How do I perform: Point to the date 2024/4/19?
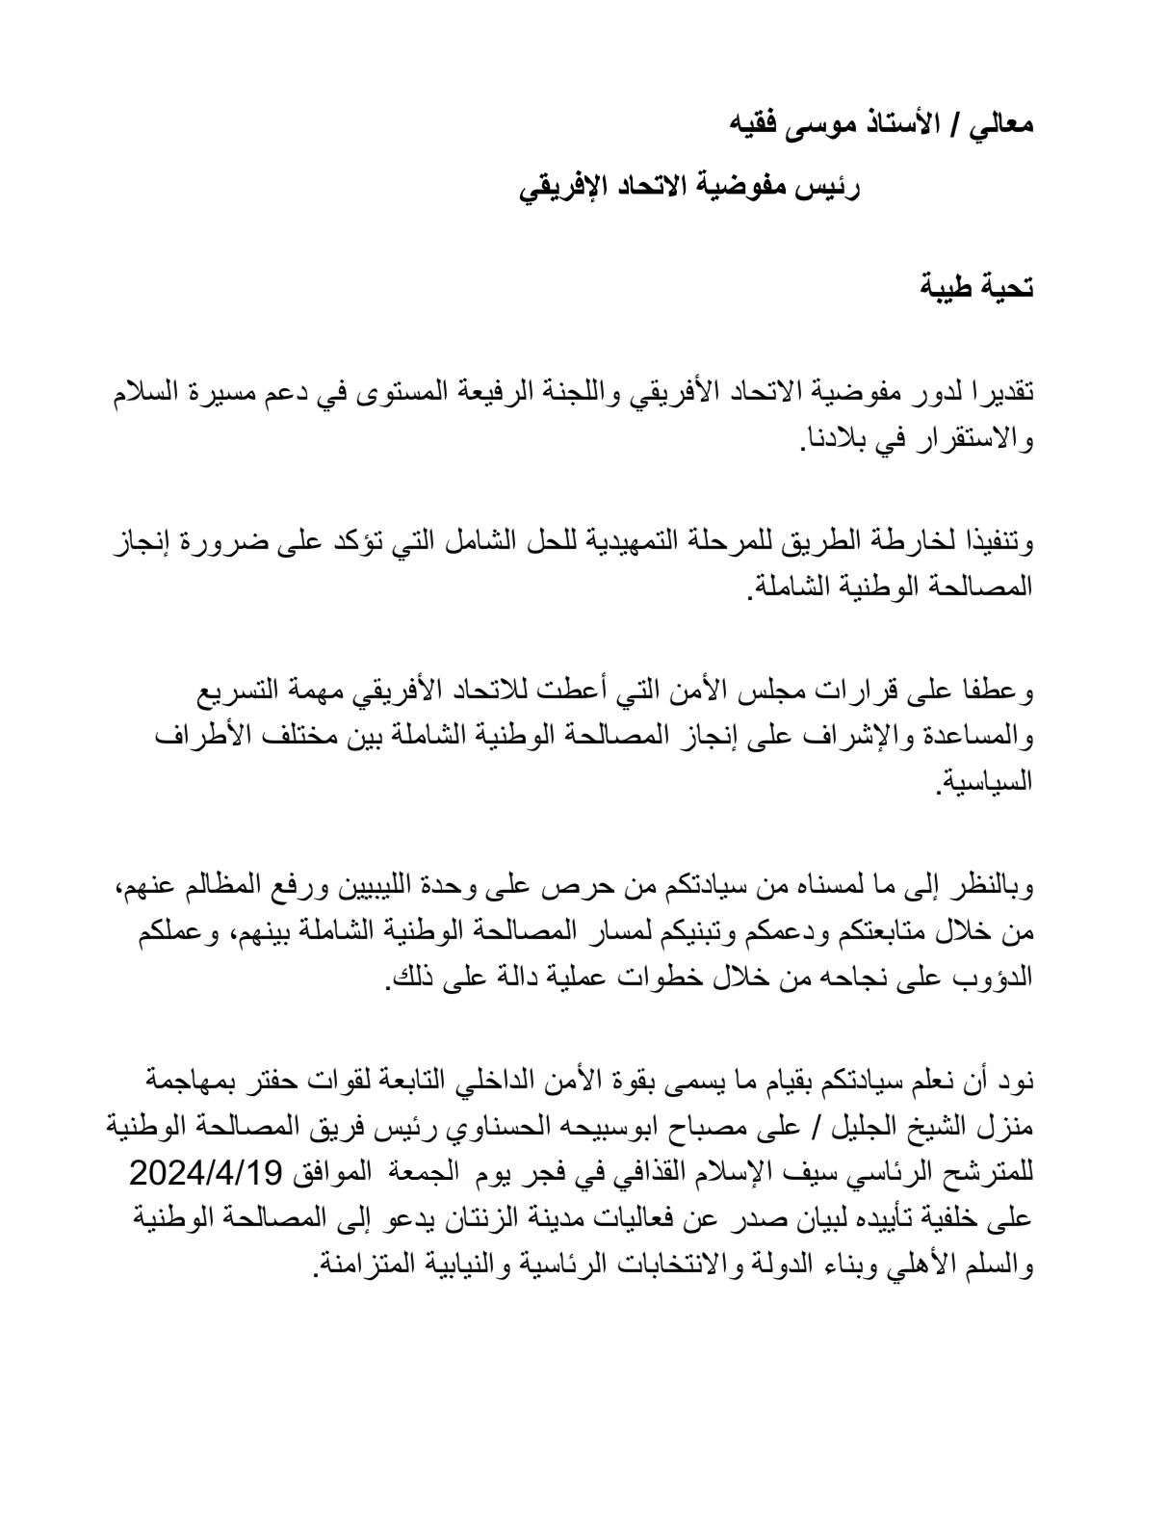coord(204,1173)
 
